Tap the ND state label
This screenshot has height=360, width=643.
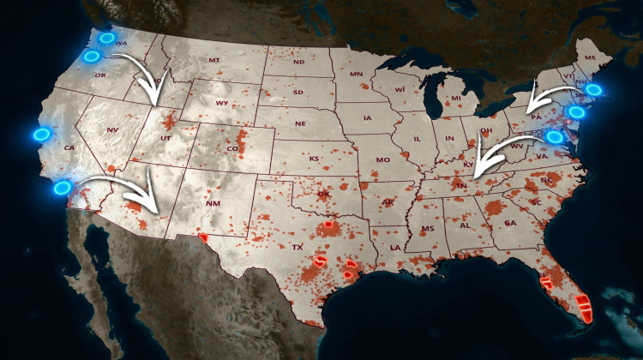(x=298, y=63)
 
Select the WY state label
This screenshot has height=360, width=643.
(x=222, y=104)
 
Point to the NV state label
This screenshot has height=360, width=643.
(x=111, y=130)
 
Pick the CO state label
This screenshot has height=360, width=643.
(x=231, y=148)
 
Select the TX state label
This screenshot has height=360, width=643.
(x=298, y=247)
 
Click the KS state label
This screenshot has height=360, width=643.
(x=314, y=159)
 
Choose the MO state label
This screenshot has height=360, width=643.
(x=382, y=160)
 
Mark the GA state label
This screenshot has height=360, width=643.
(x=510, y=223)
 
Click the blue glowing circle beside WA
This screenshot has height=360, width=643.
(x=105, y=38)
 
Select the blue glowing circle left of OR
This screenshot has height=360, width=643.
(x=92, y=57)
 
